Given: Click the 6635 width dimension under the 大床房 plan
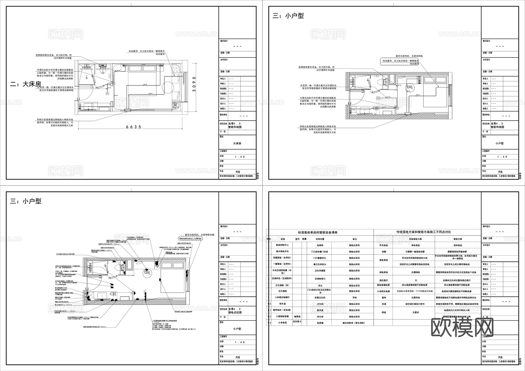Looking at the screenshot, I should [x=134, y=127].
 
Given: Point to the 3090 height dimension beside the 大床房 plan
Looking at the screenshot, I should [x=194, y=84].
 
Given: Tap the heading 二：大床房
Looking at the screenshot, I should [x=26, y=84].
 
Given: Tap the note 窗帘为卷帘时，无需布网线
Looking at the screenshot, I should [x=409, y=56].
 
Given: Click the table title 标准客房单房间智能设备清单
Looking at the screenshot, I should [x=318, y=232].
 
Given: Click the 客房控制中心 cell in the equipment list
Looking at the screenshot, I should [x=282, y=245].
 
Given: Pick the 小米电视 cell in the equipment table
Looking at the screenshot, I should [x=282, y=323].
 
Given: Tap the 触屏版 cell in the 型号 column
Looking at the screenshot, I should [x=297, y=316].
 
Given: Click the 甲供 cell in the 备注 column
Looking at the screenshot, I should [x=354, y=298].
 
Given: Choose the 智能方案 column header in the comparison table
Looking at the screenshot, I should [x=458, y=239].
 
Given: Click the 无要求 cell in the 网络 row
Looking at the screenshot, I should [x=416, y=312].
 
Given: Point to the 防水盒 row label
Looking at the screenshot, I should [x=282, y=304].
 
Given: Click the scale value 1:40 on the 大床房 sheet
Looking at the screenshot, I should [x=240, y=157].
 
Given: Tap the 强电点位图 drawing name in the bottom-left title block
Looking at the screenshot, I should [x=235, y=312].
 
